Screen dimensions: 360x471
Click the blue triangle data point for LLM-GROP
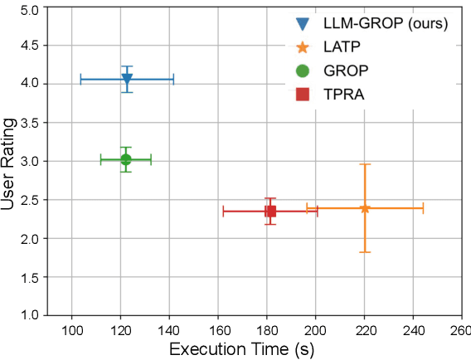tap(127, 79)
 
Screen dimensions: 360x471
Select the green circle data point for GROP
tap(126, 159)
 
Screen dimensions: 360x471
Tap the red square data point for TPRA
tap(270, 211)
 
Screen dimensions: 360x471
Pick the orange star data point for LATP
tap(365, 208)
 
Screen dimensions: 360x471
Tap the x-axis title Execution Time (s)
tap(241, 349)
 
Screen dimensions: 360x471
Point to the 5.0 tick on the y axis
tap(32, 11)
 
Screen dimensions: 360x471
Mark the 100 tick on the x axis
tap(72, 329)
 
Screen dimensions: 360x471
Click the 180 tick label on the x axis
tap(267, 329)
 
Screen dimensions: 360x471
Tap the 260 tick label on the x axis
tap(459, 329)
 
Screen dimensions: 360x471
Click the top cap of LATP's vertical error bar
tap(365, 164)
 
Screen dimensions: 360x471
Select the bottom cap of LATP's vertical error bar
tap(365, 252)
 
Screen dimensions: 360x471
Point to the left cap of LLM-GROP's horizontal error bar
tap(80, 80)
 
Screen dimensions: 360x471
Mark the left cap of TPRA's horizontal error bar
tap(223, 211)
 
